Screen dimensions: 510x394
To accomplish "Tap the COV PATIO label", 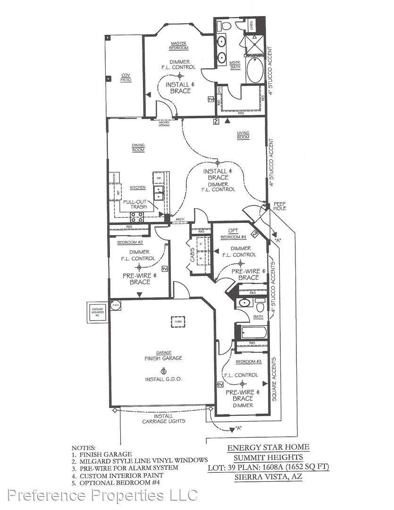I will pyautogui.click(x=125, y=78).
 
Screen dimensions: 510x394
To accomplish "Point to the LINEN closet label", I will pyautogui.click(x=252, y=25).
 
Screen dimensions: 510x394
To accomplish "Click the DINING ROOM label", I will pyautogui.click(x=138, y=148).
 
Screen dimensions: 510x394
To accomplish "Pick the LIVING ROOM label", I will pyautogui.click(x=243, y=136).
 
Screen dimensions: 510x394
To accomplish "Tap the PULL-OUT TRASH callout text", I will pyautogui.click(x=135, y=204).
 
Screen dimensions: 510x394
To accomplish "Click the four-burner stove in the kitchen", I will pyautogui.click(x=137, y=217).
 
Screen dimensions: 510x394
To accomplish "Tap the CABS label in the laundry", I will pyautogui.click(x=193, y=255).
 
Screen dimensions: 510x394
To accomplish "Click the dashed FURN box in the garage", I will pyautogui.click(x=178, y=322).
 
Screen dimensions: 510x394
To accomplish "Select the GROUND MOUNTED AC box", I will pyautogui.click(x=95, y=312).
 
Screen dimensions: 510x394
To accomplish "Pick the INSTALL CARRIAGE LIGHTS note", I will pyautogui.click(x=164, y=418).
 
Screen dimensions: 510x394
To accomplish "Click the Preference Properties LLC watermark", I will pyautogui.click(x=99, y=496).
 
